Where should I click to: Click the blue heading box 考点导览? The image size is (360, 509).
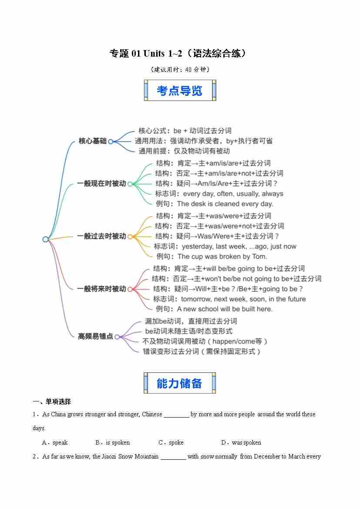(x=180, y=90)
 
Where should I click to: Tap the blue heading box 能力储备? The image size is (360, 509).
(x=179, y=383)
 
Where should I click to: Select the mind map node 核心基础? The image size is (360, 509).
(x=93, y=141)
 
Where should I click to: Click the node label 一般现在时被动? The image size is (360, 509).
(x=101, y=183)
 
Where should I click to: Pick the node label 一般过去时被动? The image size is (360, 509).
(x=101, y=236)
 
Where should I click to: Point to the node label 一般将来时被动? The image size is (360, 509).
(x=101, y=289)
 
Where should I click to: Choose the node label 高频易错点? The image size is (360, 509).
(x=95, y=336)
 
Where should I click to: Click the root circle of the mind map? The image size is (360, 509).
(x=45, y=239)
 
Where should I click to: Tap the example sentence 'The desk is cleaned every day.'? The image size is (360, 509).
(x=225, y=204)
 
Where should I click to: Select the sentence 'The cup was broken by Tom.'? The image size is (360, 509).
(x=222, y=256)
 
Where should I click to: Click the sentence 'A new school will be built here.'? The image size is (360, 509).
(x=225, y=309)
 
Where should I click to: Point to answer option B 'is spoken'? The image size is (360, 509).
(x=113, y=442)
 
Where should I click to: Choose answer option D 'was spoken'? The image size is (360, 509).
(x=241, y=442)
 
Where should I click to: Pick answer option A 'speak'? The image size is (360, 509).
(x=55, y=442)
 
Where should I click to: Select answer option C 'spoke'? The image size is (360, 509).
(x=171, y=442)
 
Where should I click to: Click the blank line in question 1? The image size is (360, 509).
(x=176, y=417)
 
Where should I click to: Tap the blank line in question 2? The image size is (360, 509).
(x=173, y=459)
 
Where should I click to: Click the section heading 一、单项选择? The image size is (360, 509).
(x=52, y=401)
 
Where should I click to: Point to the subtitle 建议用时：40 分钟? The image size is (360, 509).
(x=180, y=70)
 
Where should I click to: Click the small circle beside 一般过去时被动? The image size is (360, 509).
(x=130, y=236)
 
